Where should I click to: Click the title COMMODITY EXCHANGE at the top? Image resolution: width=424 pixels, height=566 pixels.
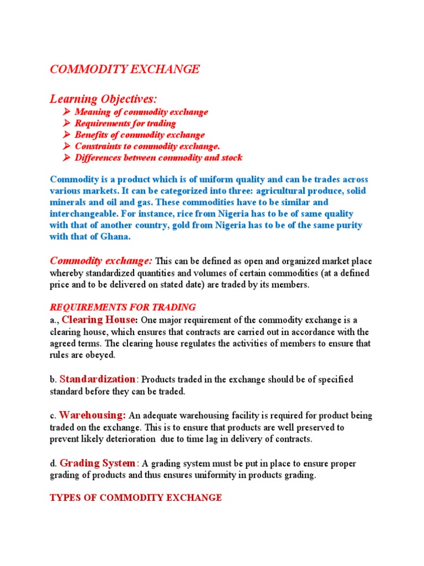(125, 69)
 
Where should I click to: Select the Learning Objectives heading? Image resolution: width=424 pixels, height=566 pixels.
(103, 99)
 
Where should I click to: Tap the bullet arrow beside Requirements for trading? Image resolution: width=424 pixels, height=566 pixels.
(66, 123)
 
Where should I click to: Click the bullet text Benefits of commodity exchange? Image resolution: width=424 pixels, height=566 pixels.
(140, 135)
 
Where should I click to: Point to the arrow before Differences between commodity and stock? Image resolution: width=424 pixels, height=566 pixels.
(66, 158)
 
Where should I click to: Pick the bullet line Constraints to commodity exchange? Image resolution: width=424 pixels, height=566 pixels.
(147, 146)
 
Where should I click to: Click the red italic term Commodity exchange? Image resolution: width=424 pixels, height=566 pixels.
(102, 260)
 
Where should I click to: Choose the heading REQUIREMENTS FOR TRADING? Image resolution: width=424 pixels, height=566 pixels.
(123, 307)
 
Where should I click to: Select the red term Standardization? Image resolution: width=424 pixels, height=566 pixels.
(97, 379)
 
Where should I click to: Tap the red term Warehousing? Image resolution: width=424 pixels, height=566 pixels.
(93, 415)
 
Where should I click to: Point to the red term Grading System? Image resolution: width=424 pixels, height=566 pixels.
(97, 463)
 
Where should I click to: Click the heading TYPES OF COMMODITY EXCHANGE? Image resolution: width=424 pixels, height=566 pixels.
(136, 498)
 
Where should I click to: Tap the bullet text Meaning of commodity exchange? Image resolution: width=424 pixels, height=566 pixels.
(141, 112)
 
